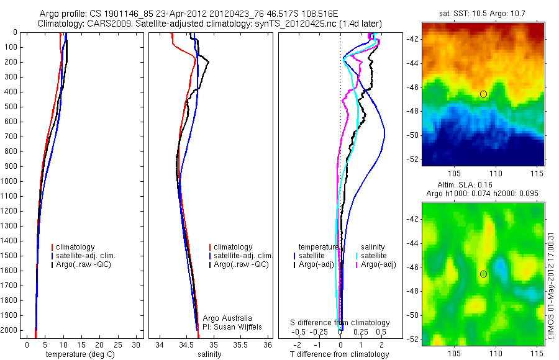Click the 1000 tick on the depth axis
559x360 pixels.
coord(10,181)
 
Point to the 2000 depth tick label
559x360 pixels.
coord(10,330)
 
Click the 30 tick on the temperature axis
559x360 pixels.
coord(136,345)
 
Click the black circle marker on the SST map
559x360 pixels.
coord(483,94)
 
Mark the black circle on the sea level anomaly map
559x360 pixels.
coord(483,274)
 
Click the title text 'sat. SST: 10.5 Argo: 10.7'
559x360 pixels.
coord(483,14)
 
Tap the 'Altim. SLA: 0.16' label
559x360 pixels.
coord(483,186)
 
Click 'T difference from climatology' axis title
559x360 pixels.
coord(340,354)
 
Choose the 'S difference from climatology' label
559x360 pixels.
coord(340,323)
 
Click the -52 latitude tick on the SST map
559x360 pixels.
coord(414,159)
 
